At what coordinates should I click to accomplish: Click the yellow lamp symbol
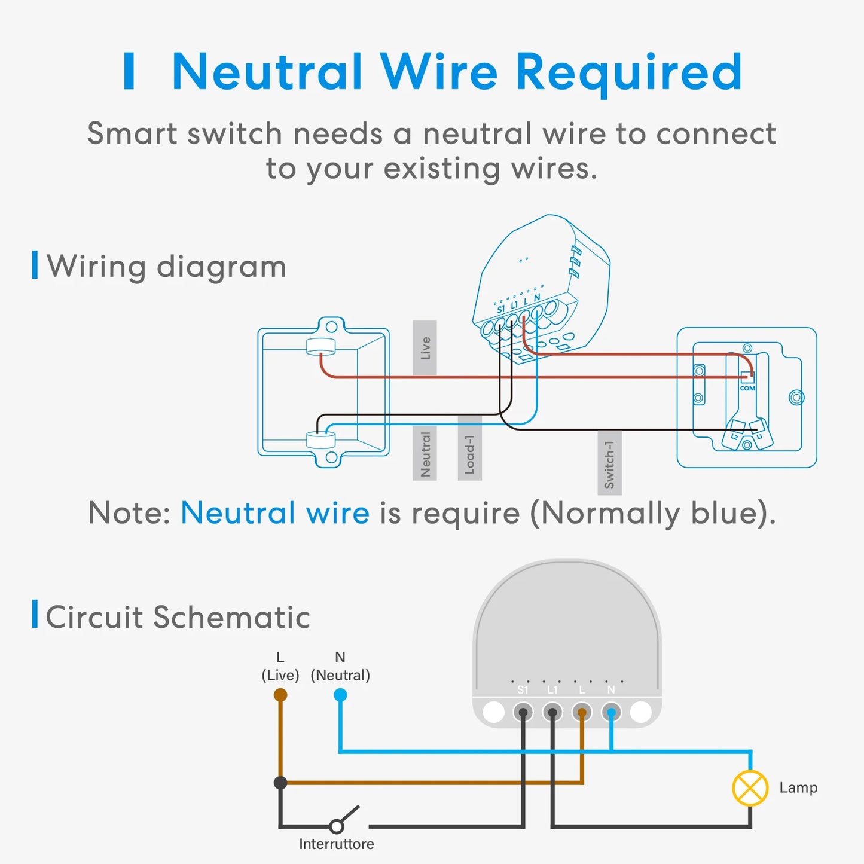coord(750,788)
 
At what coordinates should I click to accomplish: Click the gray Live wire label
coord(425,348)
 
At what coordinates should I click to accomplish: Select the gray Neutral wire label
coord(425,453)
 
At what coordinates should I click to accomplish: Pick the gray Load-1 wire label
coord(469,448)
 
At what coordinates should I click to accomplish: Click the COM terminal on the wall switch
coord(747,378)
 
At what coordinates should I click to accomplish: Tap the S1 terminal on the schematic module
coord(523,712)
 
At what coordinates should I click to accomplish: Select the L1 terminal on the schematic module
coord(552,712)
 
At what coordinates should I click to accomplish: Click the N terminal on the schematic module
coord(611,712)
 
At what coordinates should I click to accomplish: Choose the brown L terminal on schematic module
coord(582,712)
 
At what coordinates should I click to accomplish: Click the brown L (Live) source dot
coord(280,695)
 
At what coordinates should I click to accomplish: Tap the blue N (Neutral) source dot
coord(340,695)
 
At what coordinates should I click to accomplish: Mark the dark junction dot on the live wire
coord(280,782)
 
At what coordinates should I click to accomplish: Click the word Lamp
coord(798,788)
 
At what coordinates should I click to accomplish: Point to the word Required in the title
coord(628,72)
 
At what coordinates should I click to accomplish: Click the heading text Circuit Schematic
coord(178,617)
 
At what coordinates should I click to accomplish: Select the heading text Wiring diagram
coord(167,266)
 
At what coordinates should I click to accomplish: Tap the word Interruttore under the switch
coord(337,844)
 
